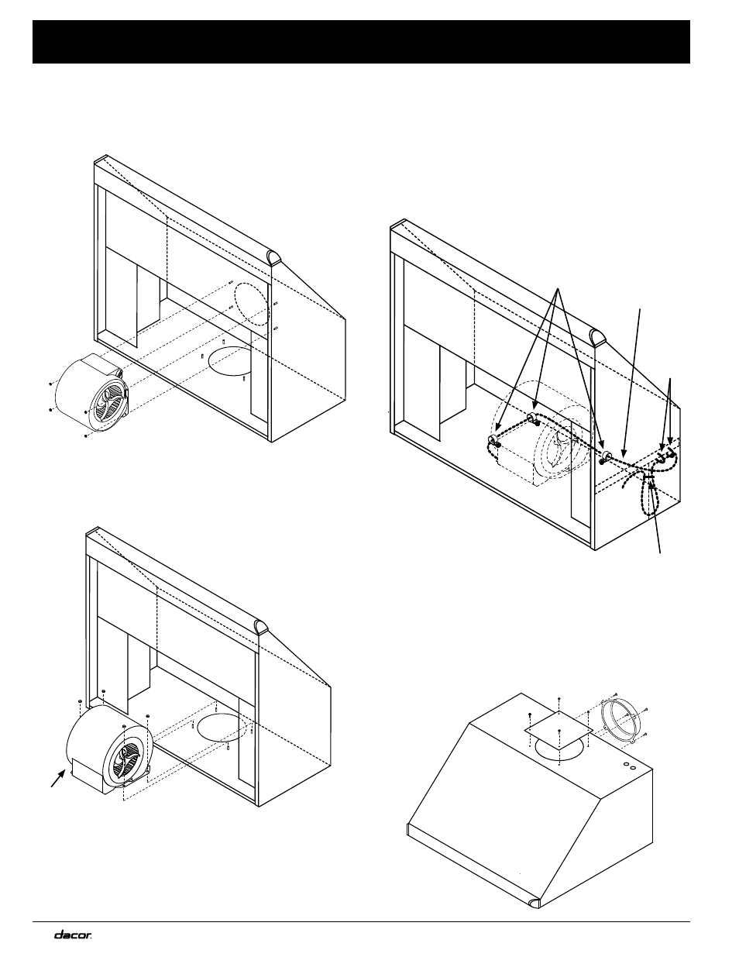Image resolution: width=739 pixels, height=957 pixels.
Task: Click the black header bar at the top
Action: coord(361,42)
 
